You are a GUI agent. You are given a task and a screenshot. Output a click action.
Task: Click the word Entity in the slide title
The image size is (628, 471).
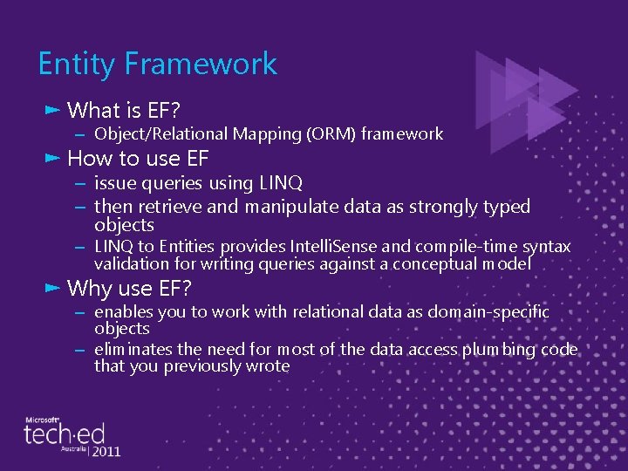[x=76, y=64]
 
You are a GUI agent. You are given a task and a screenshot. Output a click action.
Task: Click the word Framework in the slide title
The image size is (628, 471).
[x=201, y=64]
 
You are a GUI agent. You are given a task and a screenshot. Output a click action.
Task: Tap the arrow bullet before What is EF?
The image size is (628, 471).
[x=51, y=110]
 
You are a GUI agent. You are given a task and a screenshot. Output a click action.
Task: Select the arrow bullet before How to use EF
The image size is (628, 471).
[x=51, y=158]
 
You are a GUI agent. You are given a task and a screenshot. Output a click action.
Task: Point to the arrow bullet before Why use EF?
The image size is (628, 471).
[x=51, y=288]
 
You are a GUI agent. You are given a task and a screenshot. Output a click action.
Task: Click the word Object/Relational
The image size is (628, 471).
[x=161, y=134]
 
